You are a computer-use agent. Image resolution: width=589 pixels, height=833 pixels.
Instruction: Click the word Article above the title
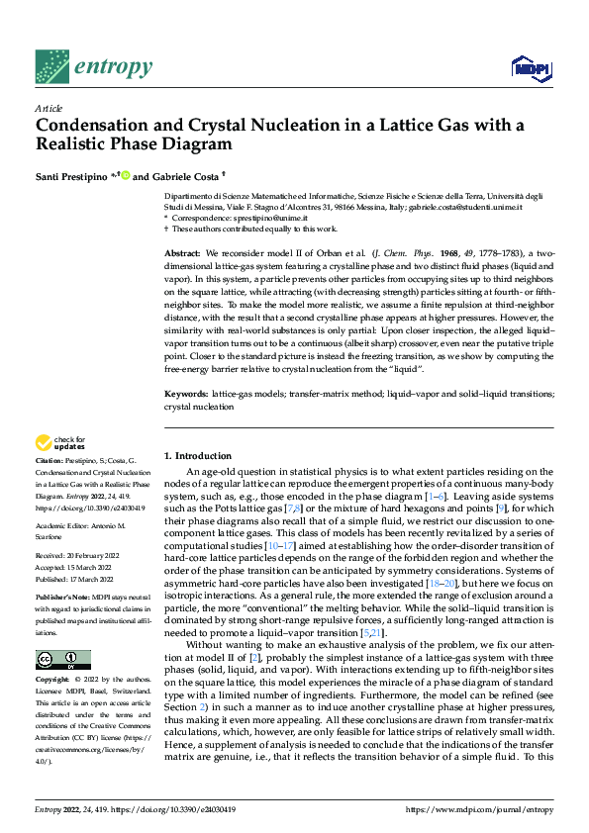[48, 107]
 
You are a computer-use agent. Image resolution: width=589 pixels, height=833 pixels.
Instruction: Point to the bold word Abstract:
[184, 254]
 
